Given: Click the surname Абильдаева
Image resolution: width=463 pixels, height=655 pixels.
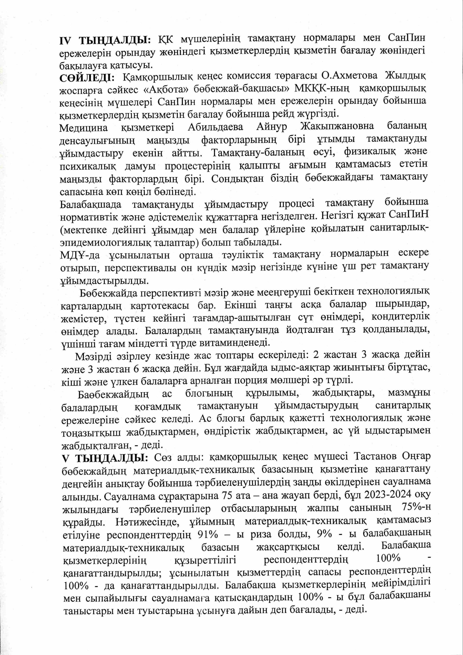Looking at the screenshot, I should pyautogui.click(x=215, y=127).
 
